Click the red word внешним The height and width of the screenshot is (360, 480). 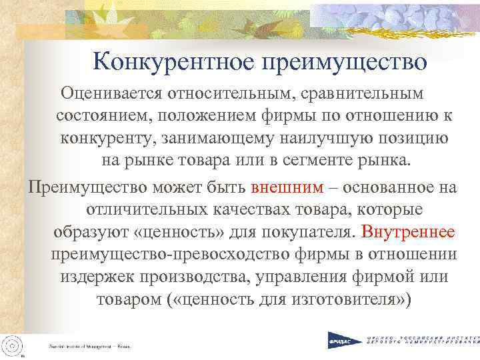pos(287,186)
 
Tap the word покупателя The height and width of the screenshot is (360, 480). pos(305,232)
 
